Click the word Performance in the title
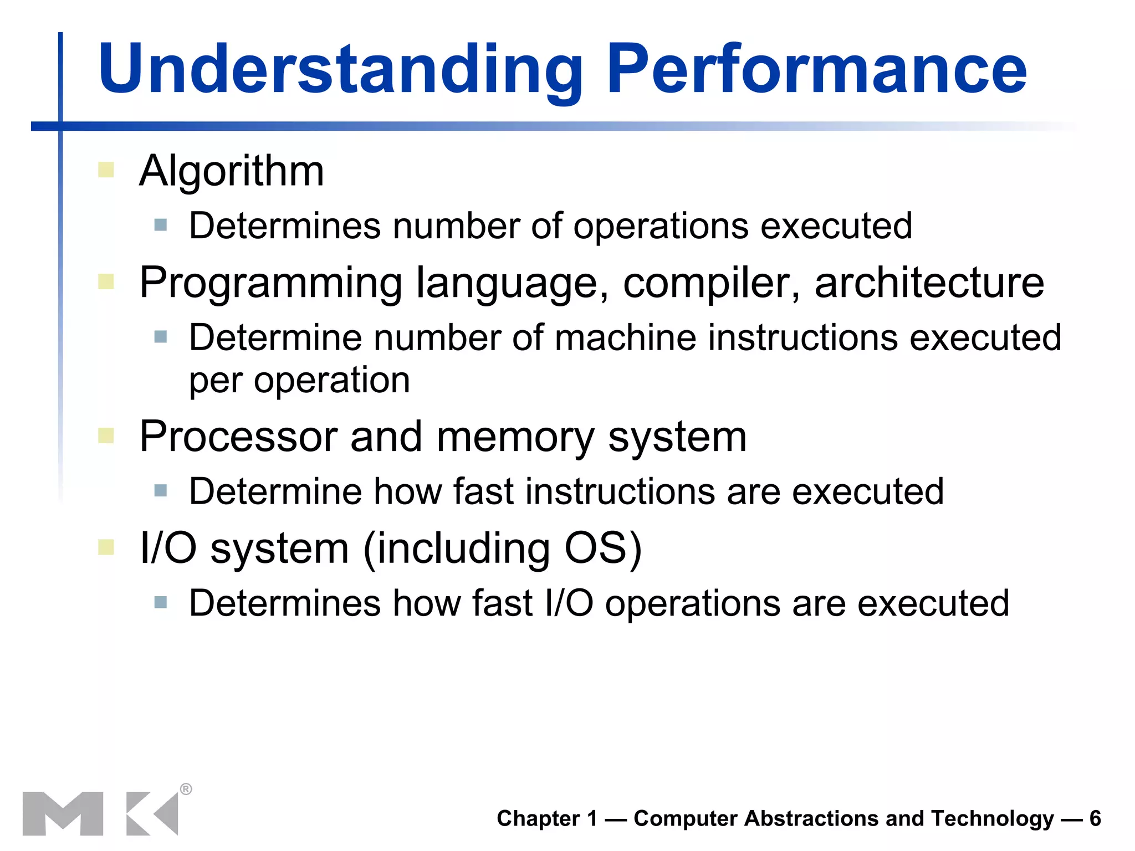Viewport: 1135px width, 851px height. [x=817, y=70]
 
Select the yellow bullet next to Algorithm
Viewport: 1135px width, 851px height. [x=106, y=170]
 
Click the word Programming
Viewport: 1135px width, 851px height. [x=270, y=284]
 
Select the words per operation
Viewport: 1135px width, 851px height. [x=299, y=381]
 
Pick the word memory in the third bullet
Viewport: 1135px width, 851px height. [x=515, y=438]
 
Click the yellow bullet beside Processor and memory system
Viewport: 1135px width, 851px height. [x=106, y=435]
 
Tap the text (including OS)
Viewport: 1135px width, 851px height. [x=502, y=548]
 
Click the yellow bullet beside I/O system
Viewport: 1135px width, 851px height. [x=106, y=547]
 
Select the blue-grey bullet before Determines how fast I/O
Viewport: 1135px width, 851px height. [x=161, y=602]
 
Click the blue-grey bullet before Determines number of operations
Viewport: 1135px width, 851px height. [x=161, y=225]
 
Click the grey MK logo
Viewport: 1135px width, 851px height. [x=100, y=813]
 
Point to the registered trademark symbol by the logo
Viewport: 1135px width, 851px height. [x=186, y=789]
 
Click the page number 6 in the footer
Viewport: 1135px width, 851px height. [x=1095, y=818]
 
